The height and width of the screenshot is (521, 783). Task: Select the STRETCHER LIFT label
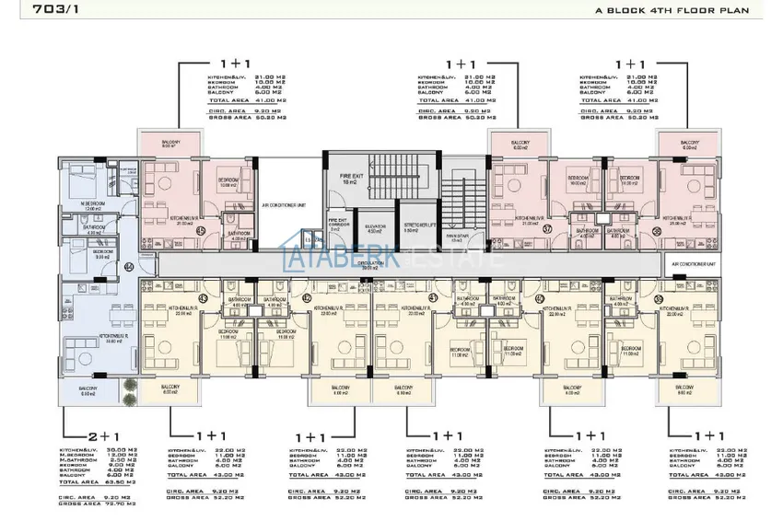(x=419, y=226)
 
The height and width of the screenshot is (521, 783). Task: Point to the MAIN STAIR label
(x=456, y=237)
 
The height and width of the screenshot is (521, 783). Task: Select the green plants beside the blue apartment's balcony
(x=131, y=387)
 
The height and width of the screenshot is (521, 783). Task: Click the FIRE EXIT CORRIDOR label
(x=337, y=224)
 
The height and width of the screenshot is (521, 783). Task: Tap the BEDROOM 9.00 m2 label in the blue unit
(x=103, y=253)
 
